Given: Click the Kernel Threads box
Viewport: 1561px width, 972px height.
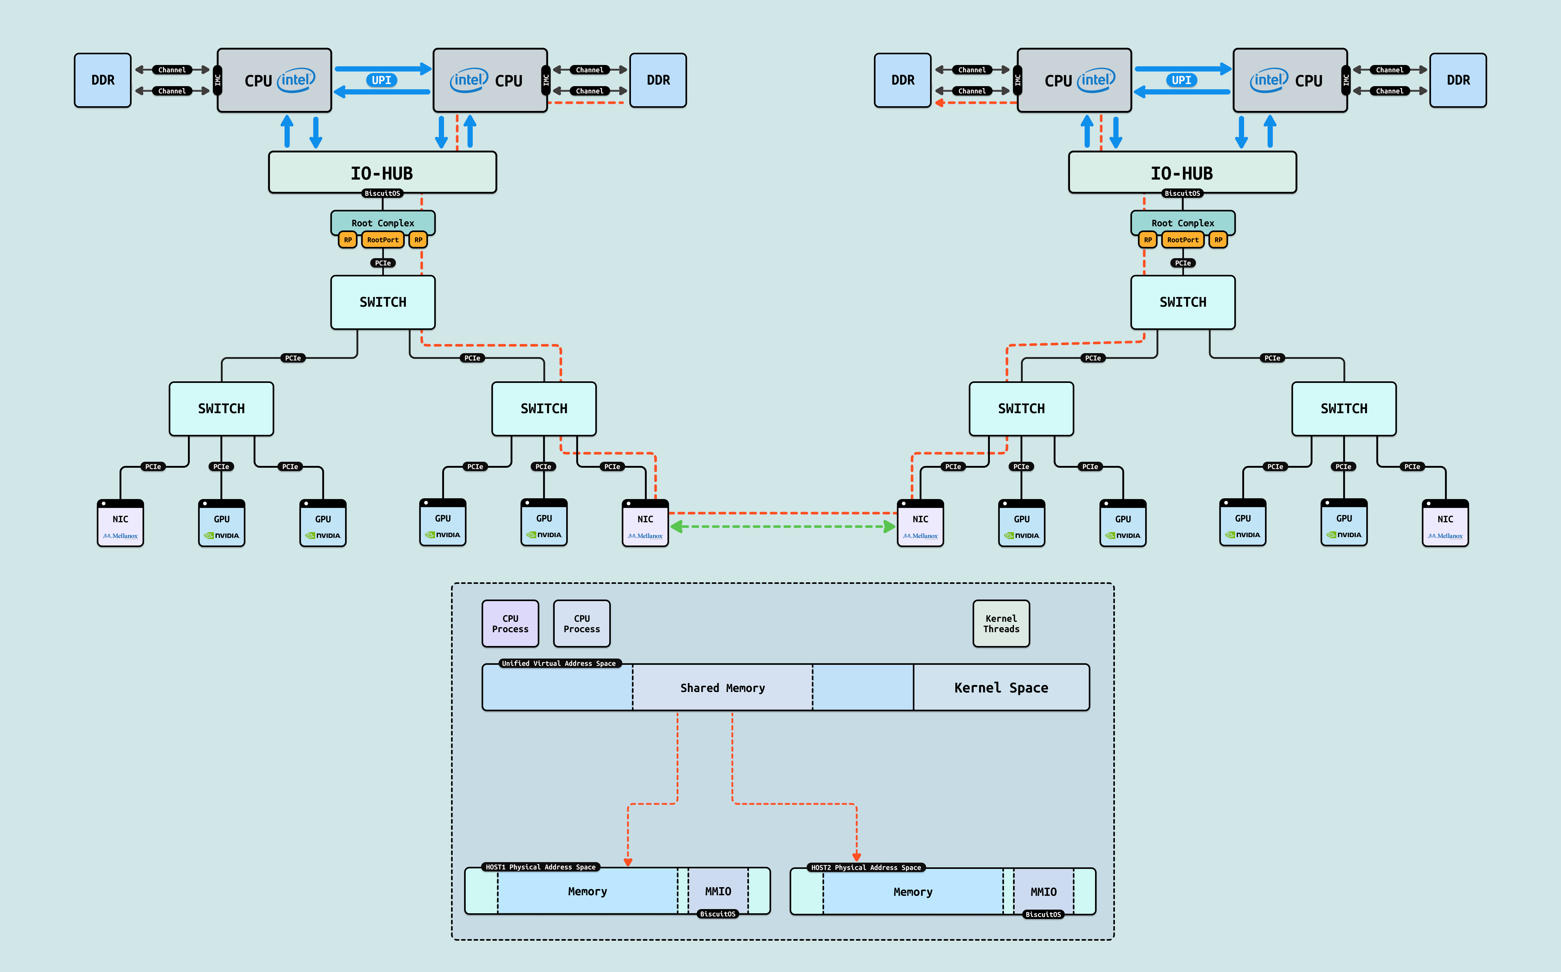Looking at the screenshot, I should coord(1001,624).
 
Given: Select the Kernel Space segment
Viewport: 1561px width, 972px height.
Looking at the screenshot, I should coord(1001,688).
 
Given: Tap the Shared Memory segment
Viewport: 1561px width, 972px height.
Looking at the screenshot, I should coord(723,688).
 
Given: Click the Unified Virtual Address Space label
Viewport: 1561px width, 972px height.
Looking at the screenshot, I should coord(559,663).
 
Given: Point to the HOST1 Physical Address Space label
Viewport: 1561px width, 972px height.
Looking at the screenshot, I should coord(541,867).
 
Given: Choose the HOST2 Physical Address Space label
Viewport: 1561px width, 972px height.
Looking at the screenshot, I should coord(866,868).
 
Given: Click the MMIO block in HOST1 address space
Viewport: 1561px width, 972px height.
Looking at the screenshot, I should coord(718,891).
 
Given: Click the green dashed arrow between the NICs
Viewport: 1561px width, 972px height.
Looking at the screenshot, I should coord(782,527).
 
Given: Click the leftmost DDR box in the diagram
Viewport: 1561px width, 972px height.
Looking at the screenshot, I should coord(103,80).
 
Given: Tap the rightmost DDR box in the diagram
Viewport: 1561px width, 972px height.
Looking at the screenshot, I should coord(1458,80).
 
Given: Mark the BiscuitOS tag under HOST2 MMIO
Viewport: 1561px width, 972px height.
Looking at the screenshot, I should coord(1043,914).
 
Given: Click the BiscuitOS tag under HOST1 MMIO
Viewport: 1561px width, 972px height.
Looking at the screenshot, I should coord(718,914).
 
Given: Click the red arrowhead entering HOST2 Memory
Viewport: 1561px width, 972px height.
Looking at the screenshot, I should coord(856,857).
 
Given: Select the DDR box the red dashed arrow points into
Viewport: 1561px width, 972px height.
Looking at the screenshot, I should coord(903,80).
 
